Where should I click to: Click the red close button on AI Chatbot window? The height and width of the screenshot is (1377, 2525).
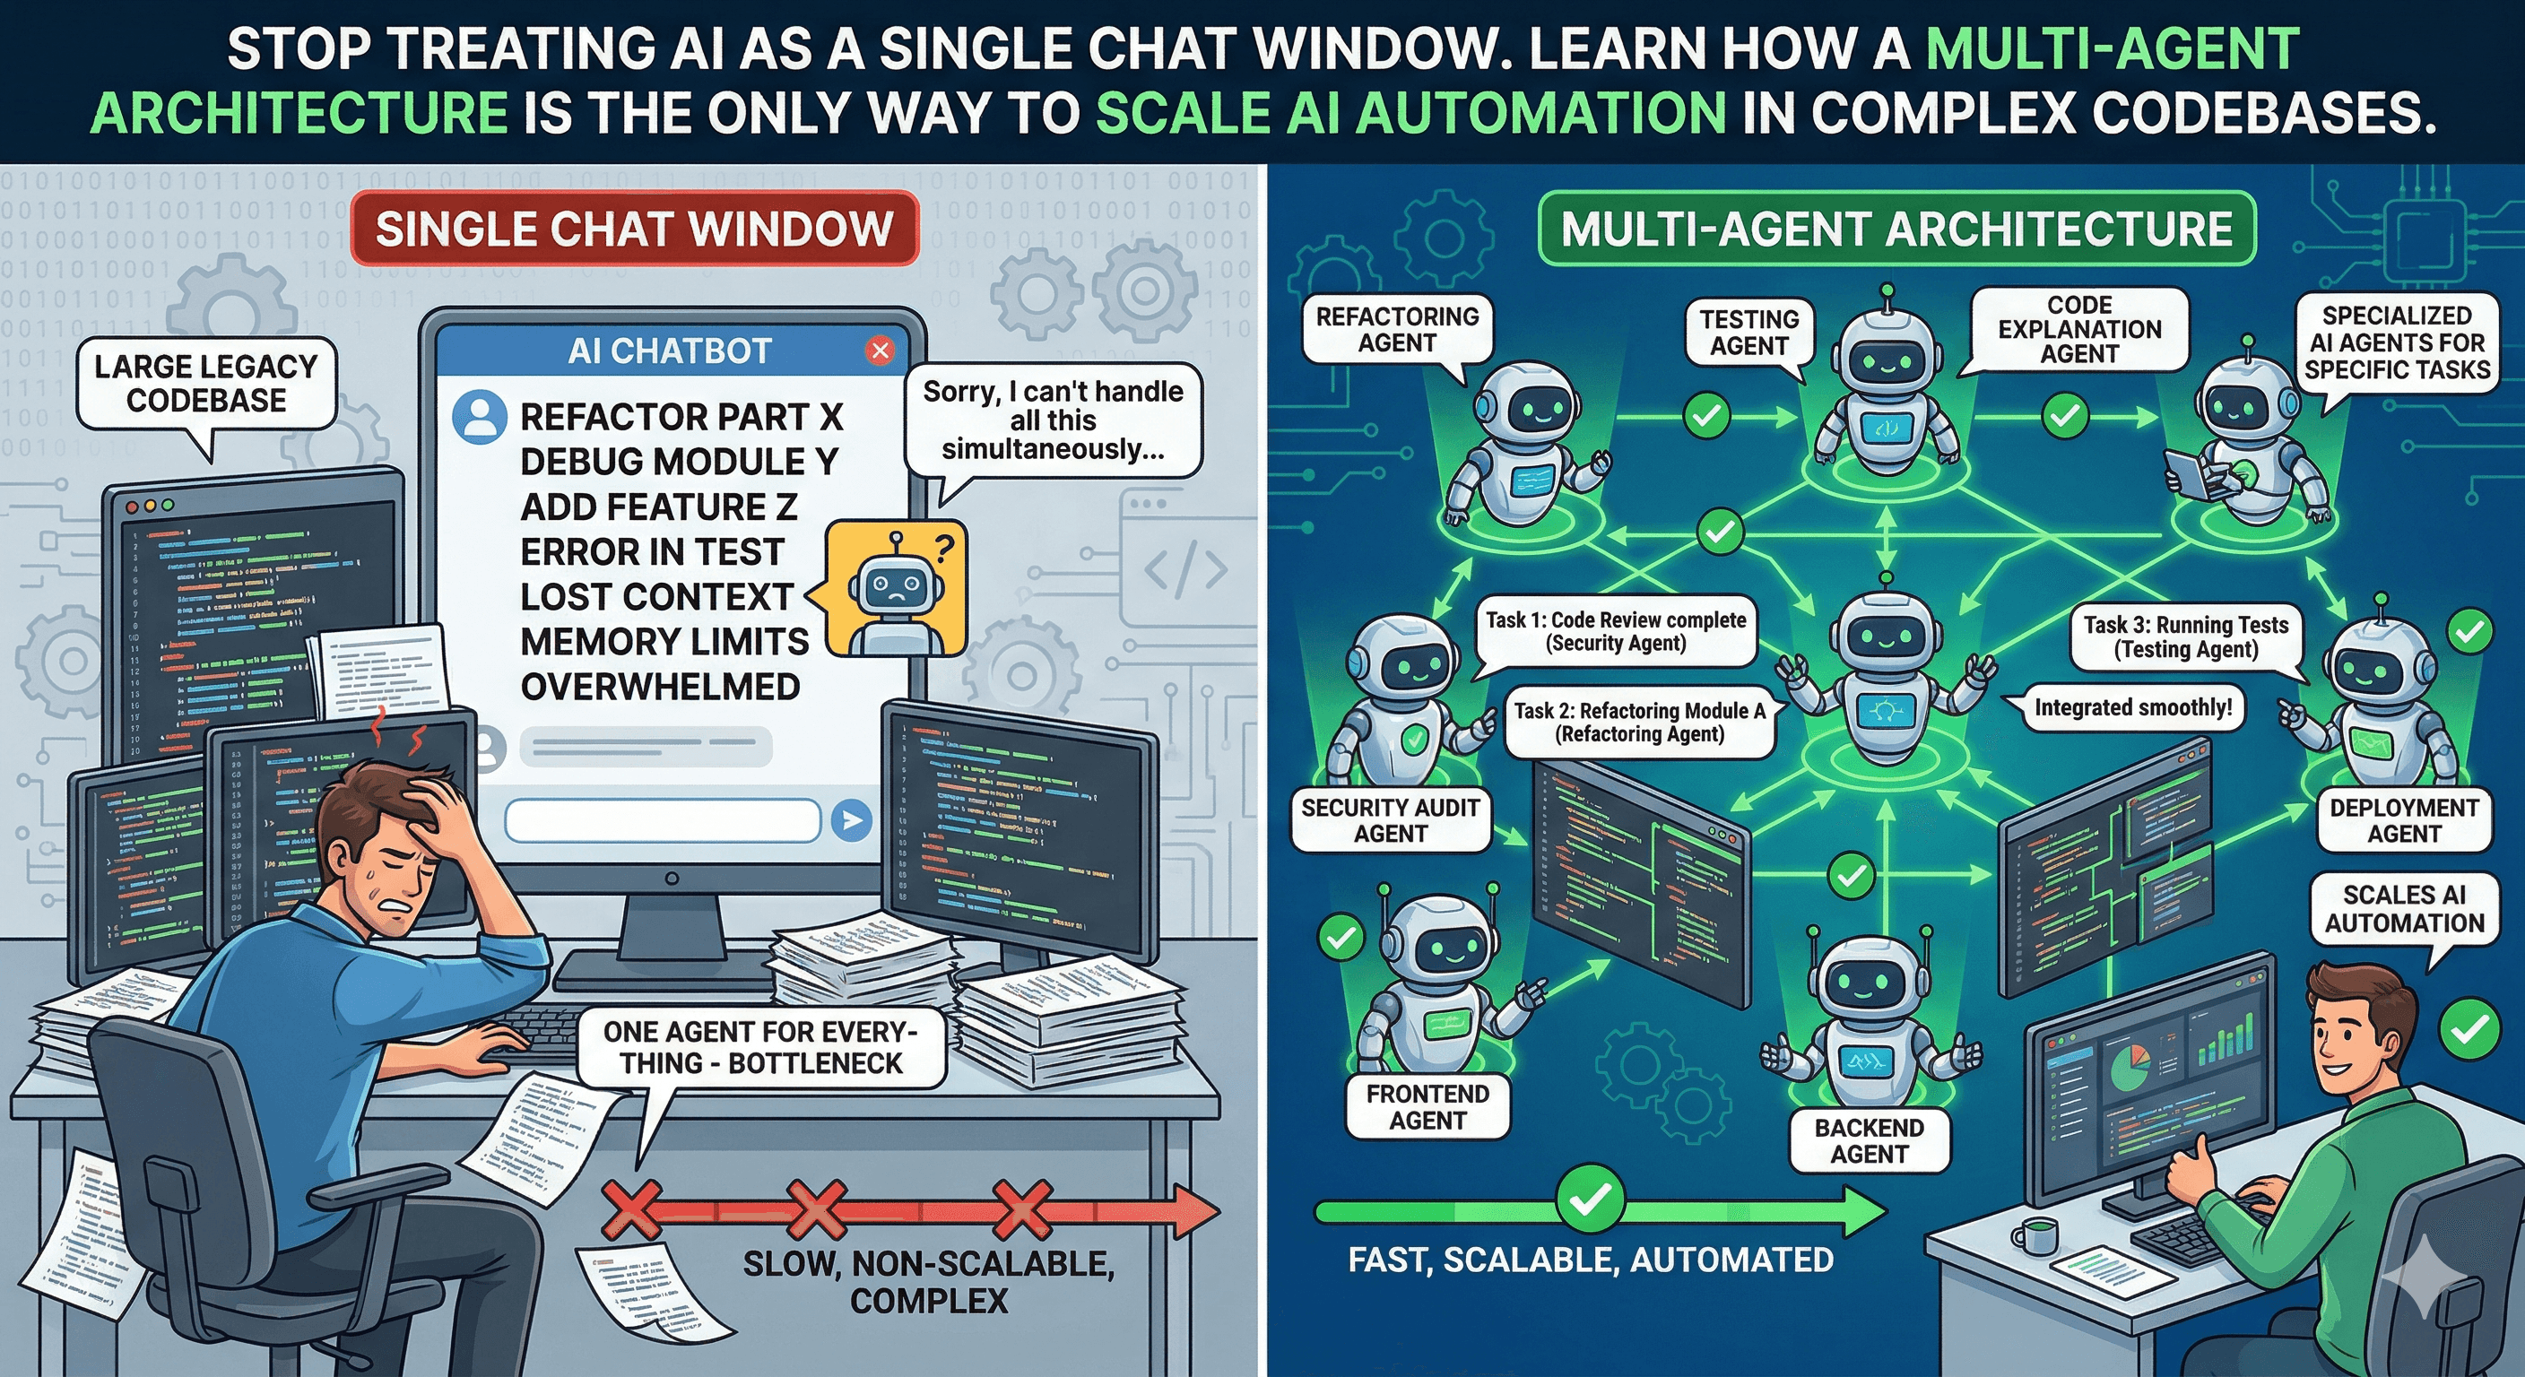(881, 350)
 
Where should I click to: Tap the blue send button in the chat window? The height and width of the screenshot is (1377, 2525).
(851, 819)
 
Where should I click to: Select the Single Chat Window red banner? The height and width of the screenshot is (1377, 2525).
(634, 229)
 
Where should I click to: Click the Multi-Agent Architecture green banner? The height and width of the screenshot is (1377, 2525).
(1896, 229)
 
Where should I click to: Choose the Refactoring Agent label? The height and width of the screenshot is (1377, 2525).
(1397, 329)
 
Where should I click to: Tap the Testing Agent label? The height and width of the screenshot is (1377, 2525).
(1748, 333)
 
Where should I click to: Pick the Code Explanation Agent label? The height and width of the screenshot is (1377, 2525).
(2079, 329)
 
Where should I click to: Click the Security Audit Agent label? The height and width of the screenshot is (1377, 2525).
(1390, 820)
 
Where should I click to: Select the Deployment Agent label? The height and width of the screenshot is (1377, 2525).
(2403, 820)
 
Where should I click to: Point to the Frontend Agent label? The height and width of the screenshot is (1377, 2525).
(1427, 1106)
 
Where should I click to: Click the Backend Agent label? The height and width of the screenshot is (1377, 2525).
(1869, 1141)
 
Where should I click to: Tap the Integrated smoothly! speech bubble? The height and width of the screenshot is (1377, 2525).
(2133, 707)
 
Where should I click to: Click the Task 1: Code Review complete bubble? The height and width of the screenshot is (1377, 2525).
(1616, 631)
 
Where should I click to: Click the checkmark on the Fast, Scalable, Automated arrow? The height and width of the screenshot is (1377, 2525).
(1590, 1198)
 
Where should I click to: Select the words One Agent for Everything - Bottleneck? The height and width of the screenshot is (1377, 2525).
(760, 1048)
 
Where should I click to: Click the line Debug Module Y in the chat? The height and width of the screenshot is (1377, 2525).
(678, 462)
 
